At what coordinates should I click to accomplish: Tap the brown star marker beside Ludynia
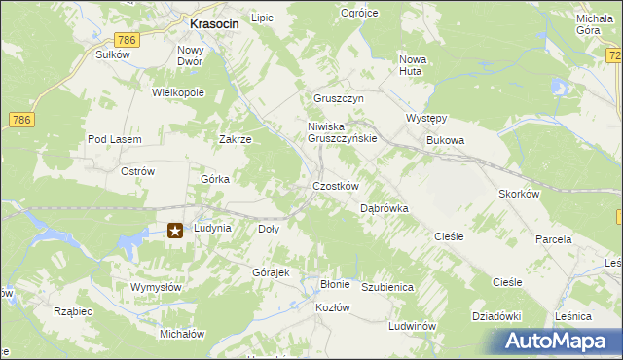point(175,231)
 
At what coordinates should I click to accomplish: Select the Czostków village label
point(336,186)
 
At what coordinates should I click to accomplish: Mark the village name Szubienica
point(388,288)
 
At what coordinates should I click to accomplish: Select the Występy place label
point(425,119)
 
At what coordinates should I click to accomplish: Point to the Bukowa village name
point(445,140)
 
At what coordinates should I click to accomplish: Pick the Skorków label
point(519,194)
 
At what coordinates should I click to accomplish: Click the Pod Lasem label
point(115,140)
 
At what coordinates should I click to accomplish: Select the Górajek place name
point(272,272)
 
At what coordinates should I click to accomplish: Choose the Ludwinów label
point(410,326)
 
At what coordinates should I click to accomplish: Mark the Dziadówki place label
point(497,316)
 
